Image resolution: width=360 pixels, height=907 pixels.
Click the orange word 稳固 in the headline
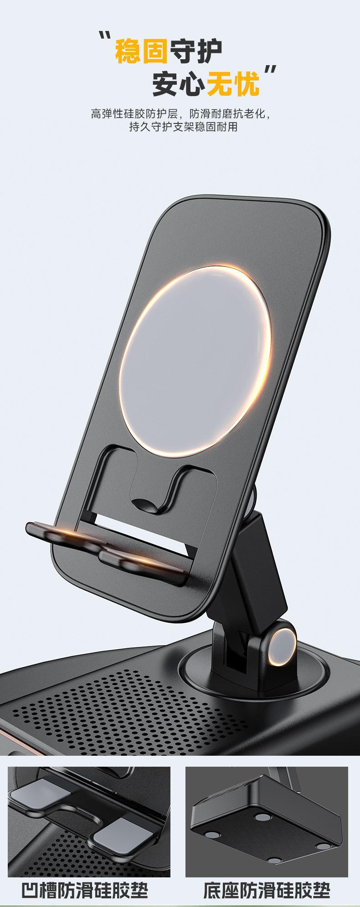(141, 52)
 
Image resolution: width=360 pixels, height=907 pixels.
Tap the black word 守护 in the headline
(196, 52)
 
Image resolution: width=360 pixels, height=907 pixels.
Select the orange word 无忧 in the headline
(233, 84)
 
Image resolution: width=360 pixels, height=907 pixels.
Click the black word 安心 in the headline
(179, 84)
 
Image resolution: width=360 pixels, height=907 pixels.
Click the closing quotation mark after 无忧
(271, 71)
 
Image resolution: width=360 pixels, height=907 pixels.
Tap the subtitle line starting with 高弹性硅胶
(180, 113)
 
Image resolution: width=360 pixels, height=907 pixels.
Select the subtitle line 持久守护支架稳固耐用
(183, 127)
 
